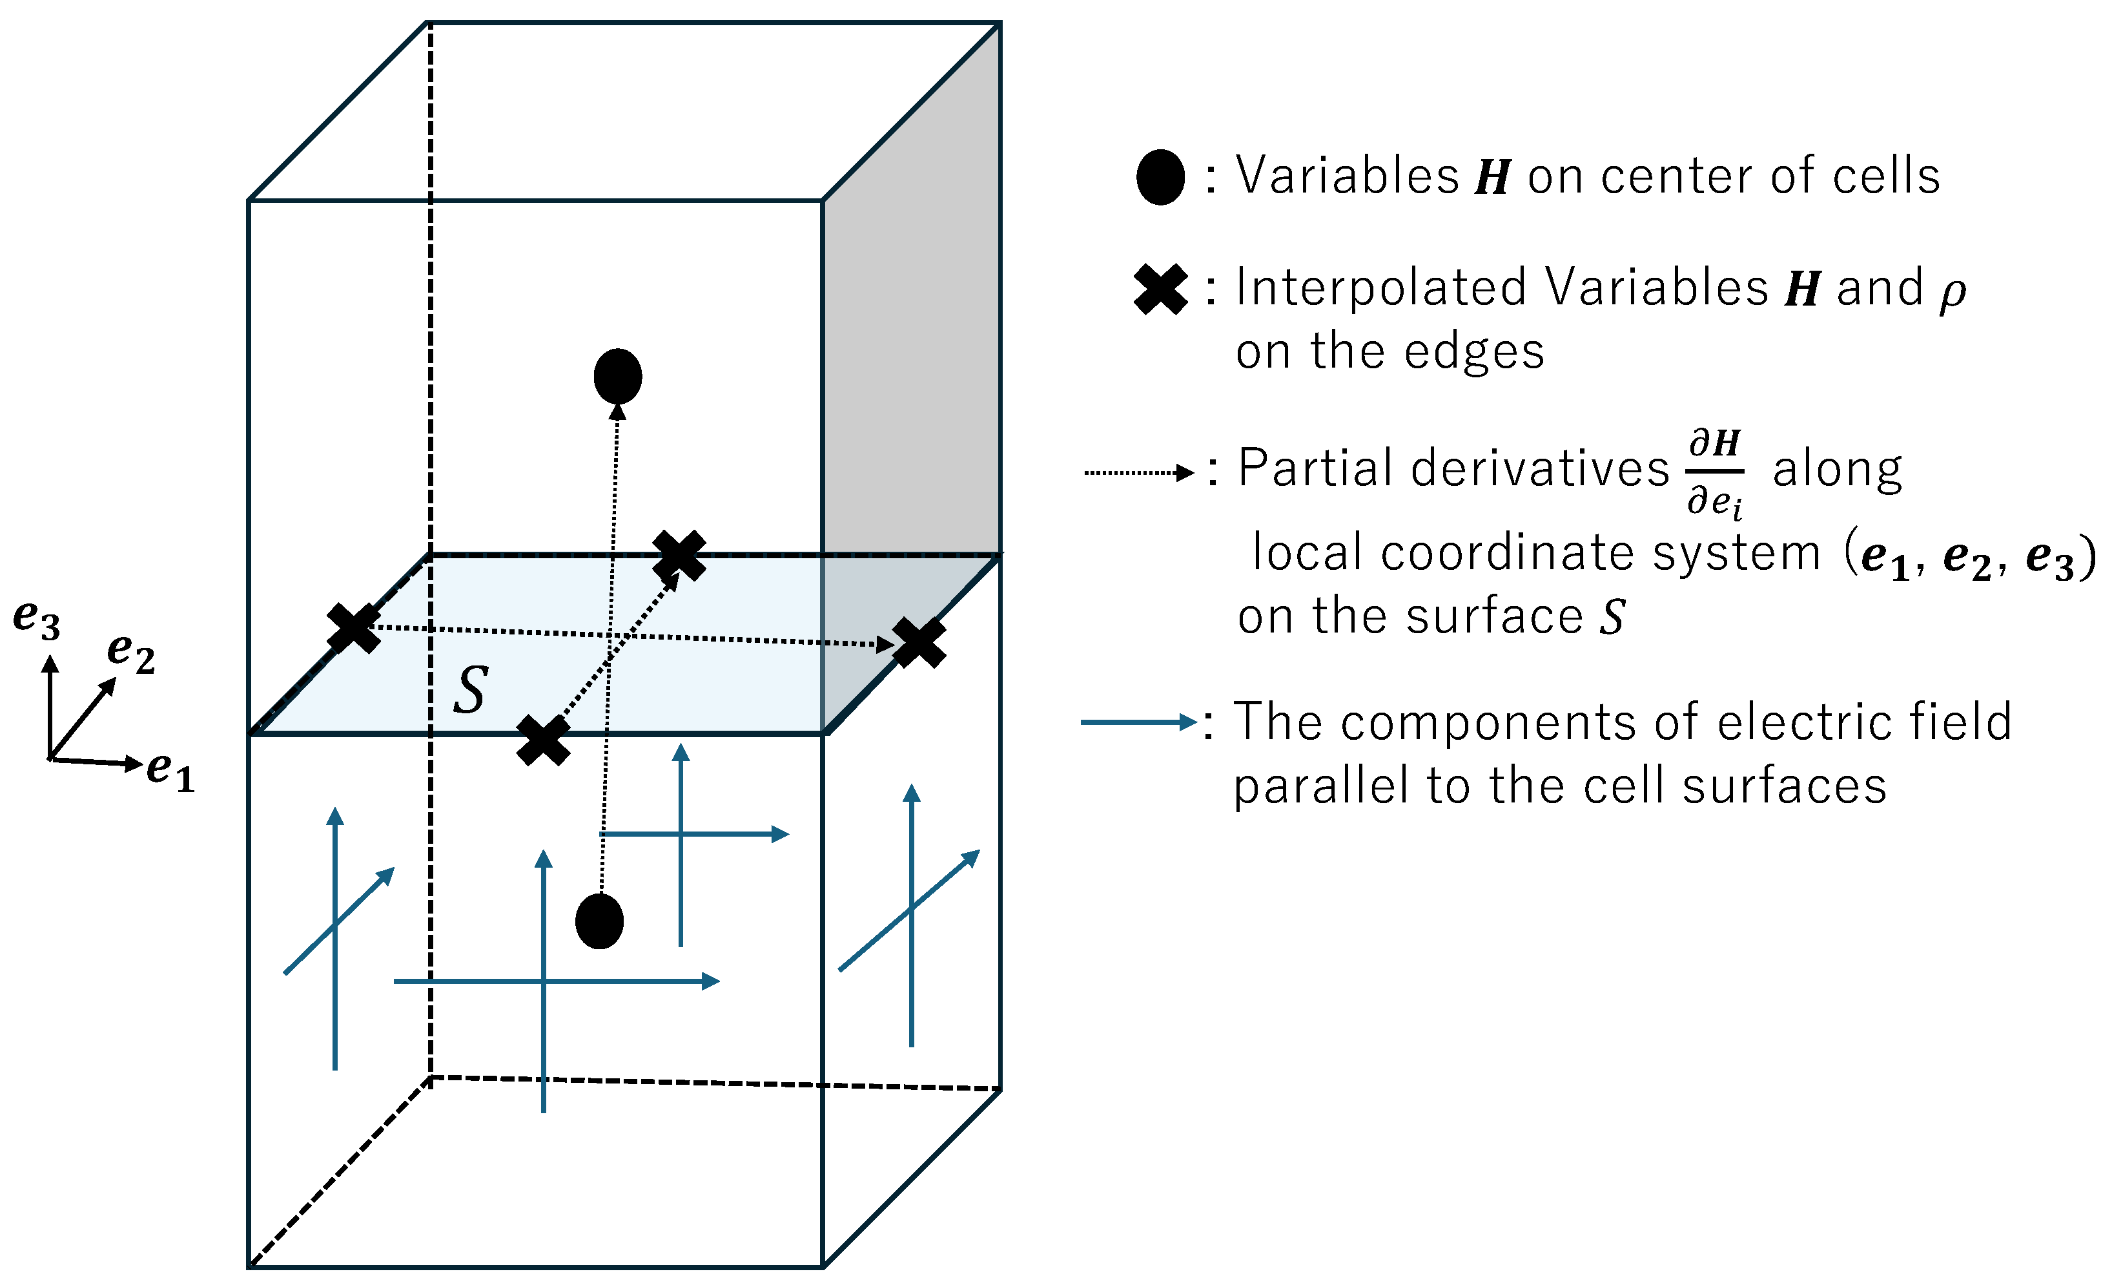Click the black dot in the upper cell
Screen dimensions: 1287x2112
click(x=617, y=375)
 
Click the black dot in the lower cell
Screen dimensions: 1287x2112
click(x=599, y=921)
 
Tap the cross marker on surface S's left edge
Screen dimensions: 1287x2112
click(x=353, y=627)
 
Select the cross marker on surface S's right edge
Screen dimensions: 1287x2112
click(x=919, y=642)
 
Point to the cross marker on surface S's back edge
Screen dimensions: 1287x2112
click(x=679, y=555)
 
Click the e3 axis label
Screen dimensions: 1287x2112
click(x=36, y=618)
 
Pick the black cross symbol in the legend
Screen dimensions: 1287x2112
click(x=1160, y=290)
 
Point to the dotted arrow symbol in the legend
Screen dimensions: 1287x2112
click(x=1138, y=472)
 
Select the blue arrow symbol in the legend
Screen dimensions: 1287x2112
click(x=1138, y=722)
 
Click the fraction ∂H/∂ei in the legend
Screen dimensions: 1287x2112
click(x=1714, y=472)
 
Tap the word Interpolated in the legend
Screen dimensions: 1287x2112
click(x=1380, y=288)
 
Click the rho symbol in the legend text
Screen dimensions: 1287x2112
click(x=1953, y=291)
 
